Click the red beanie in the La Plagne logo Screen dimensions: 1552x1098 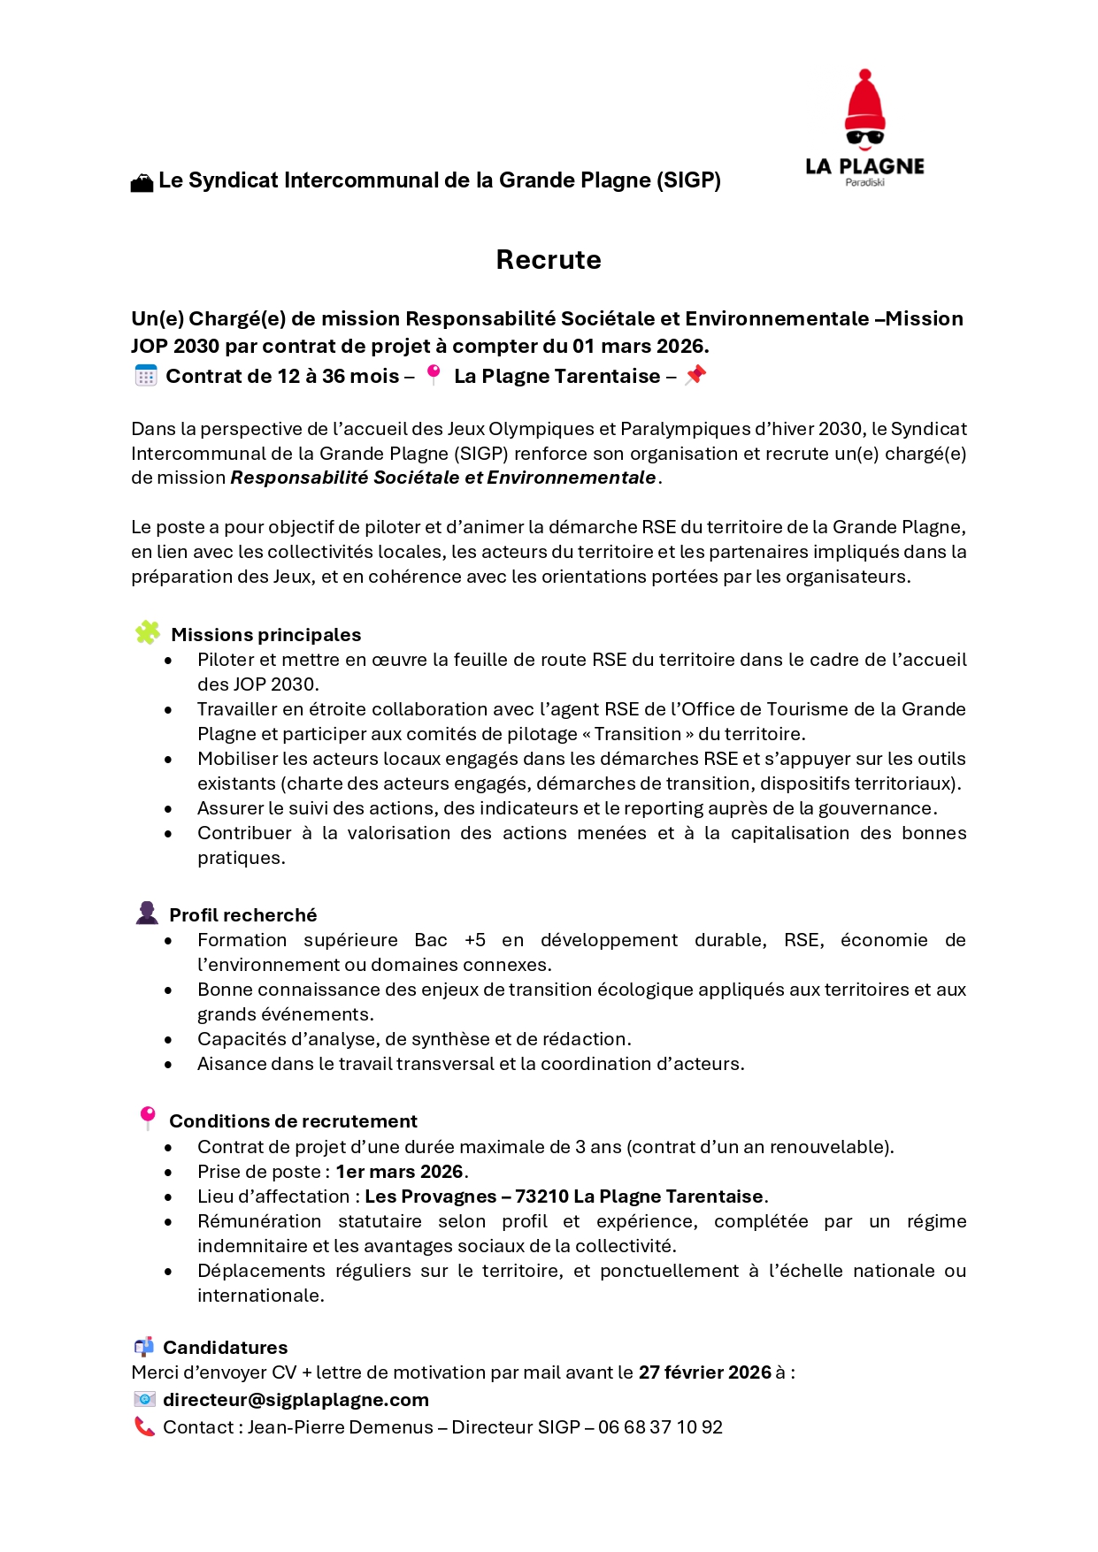(x=865, y=104)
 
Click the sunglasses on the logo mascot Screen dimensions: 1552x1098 (x=865, y=137)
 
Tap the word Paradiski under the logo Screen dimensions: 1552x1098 (x=864, y=182)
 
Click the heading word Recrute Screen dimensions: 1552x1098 (x=549, y=260)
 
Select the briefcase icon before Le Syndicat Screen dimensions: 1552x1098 (x=142, y=183)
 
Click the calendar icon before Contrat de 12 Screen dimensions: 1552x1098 (x=146, y=376)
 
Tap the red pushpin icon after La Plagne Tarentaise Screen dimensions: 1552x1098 (x=696, y=375)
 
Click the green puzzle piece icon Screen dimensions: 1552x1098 (x=148, y=632)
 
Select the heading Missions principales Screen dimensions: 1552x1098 (x=265, y=635)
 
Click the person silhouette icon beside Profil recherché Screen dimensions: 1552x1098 (x=147, y=913)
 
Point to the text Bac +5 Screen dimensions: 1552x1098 (x=449, y=940)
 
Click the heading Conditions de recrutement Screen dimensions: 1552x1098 (x=293, y=1121)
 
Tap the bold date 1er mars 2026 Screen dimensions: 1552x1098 (x=399, y=1172)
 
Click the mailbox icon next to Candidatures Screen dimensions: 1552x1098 (x=144, y=1347)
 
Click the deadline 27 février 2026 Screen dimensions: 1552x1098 (x=705, y=1372)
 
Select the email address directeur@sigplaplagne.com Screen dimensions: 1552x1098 (x=296, y=1400)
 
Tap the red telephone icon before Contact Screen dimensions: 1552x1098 (x=144, y=1426)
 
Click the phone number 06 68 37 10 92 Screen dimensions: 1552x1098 (x=660, y=1427)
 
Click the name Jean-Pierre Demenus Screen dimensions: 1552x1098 (x=341, y=1427)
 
